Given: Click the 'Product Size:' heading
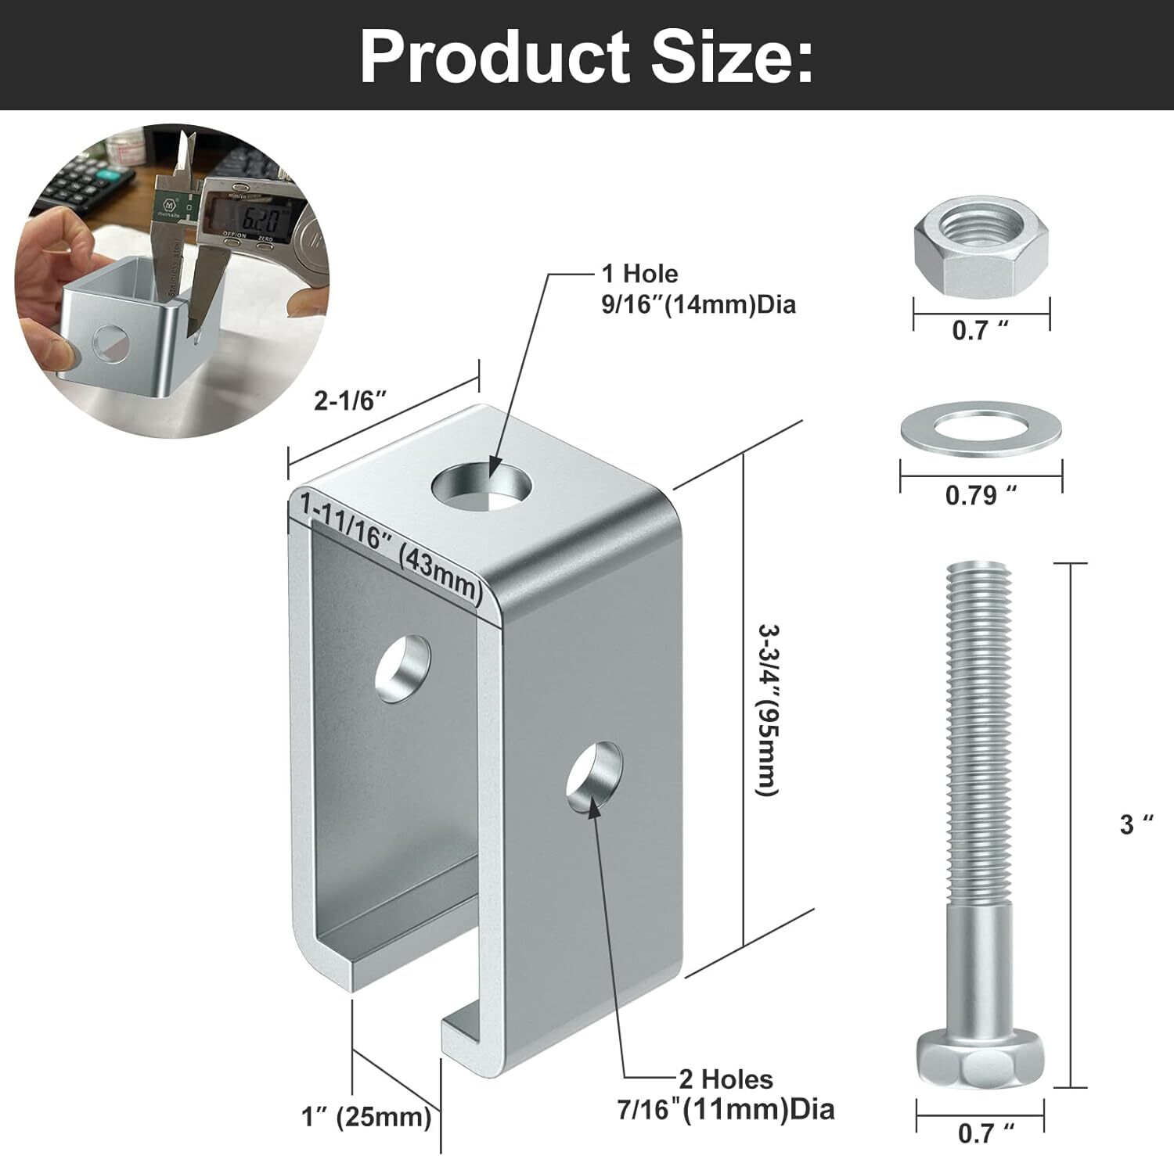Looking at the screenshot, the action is pyautogui.click(x=586, y=56).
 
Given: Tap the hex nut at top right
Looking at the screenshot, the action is pyautogui.click(x=981, y=250).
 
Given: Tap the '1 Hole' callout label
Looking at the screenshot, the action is pyautogui.click(x=639, y=274).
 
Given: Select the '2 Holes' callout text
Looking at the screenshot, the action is pyautogui.click(x=726, y=1079).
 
